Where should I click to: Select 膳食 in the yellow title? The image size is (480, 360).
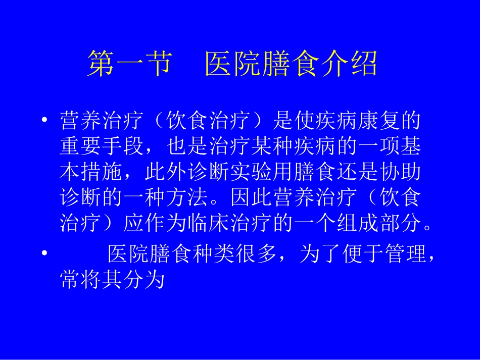tap(292, 65)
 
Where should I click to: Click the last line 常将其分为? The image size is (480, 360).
tap(113, 280)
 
